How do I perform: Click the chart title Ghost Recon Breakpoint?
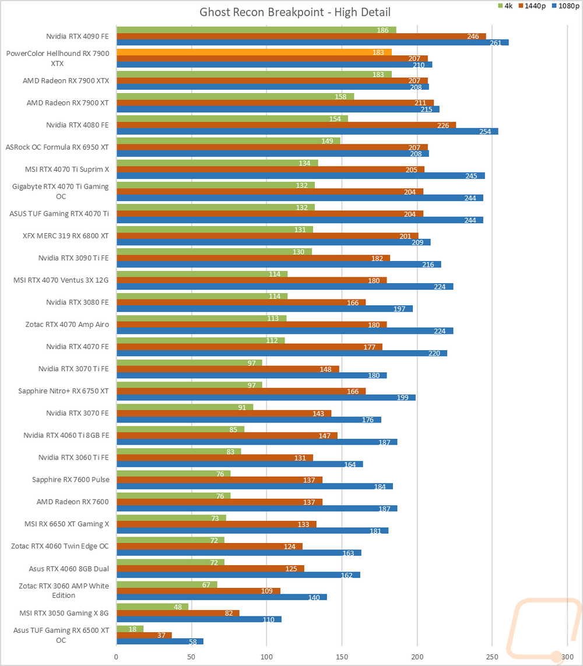295,12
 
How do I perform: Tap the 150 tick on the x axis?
342,656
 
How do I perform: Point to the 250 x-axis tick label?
492,656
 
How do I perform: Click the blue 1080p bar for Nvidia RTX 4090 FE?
312,43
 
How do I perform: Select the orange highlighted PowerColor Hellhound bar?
254,52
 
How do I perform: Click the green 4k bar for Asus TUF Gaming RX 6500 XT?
130,628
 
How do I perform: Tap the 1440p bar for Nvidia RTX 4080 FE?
286,125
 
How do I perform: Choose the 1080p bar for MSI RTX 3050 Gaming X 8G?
199,619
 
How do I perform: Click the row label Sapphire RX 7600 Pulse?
71,480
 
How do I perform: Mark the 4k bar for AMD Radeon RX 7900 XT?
235,96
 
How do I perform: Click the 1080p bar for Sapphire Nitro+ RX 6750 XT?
266,397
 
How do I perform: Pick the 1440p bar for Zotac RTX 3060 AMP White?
198,591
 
